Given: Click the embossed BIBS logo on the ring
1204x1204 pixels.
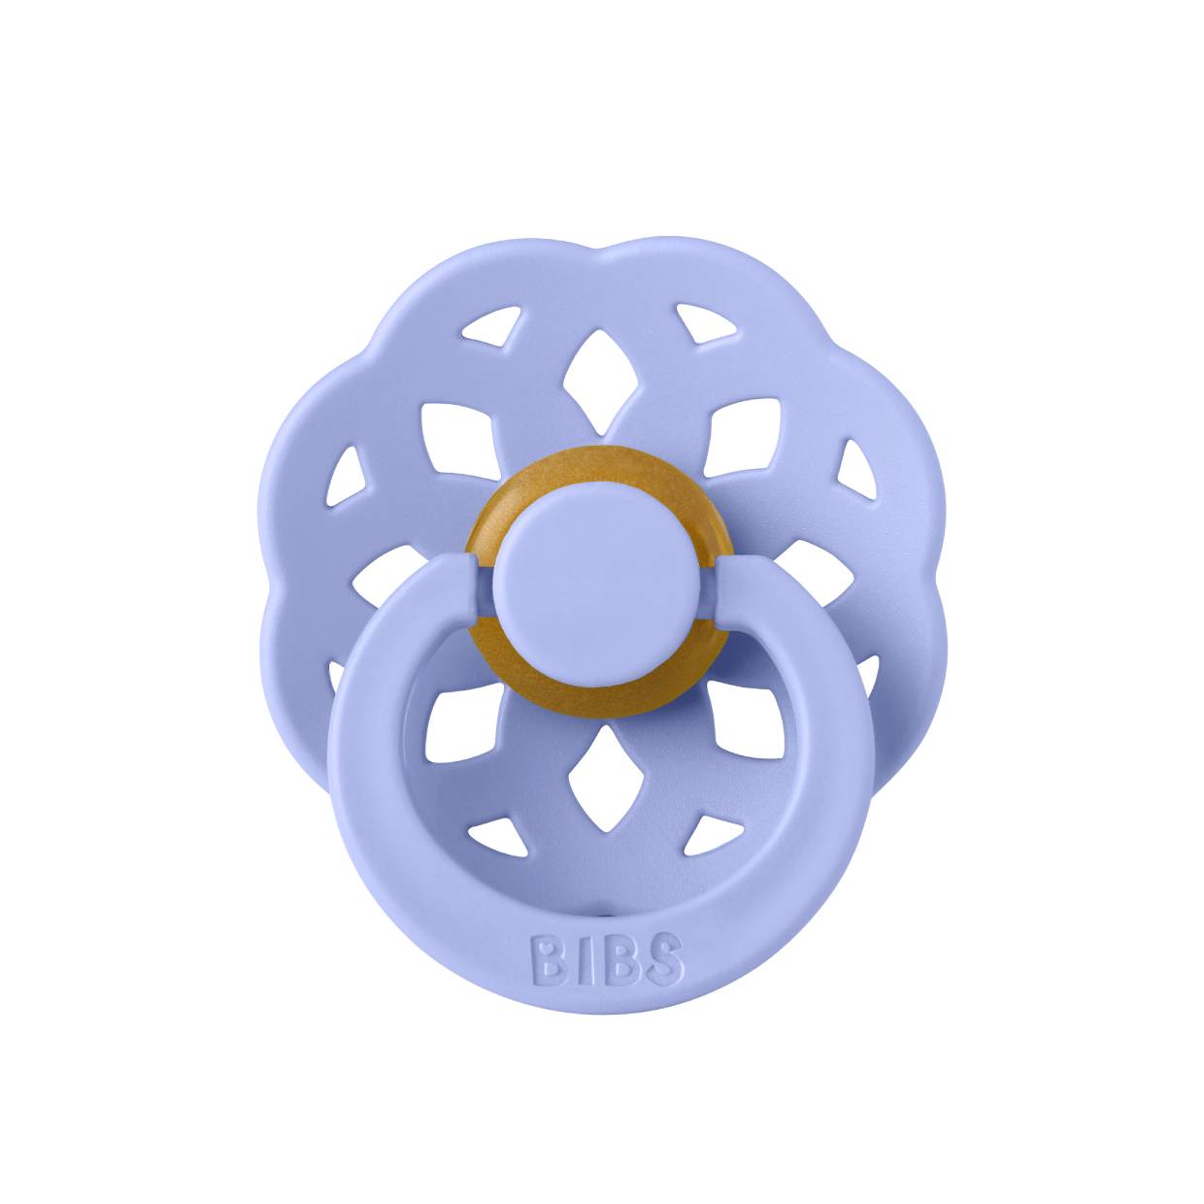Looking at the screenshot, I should (x=607, y=959).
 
